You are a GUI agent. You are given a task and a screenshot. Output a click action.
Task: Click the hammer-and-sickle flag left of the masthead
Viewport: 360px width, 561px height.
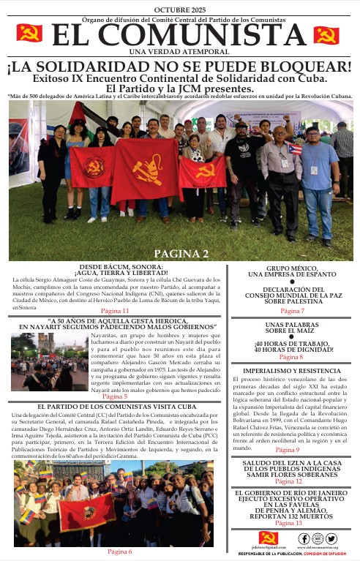[29, 34]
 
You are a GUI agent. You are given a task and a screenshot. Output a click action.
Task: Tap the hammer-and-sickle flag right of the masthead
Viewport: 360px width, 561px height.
[326, 35]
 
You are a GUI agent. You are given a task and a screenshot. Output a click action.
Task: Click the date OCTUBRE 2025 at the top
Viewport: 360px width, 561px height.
[179, 8]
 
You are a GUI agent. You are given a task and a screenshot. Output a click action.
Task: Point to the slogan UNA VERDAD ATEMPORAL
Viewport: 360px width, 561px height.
[179, 50]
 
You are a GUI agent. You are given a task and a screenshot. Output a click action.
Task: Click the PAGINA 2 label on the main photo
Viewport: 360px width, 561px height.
[181, 253]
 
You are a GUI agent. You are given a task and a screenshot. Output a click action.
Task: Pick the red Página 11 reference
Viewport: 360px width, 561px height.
[115, 311]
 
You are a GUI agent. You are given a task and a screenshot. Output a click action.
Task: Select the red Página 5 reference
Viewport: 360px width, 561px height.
[115, 396]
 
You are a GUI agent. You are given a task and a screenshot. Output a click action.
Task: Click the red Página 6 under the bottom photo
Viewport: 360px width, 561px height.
[119, 551]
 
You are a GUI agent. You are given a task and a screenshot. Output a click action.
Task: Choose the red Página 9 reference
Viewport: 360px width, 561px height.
[288, 450]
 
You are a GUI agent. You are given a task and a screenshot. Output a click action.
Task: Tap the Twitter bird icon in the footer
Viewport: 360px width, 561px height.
[331, 538]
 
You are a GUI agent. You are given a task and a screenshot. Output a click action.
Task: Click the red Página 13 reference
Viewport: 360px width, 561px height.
[288, 523]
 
